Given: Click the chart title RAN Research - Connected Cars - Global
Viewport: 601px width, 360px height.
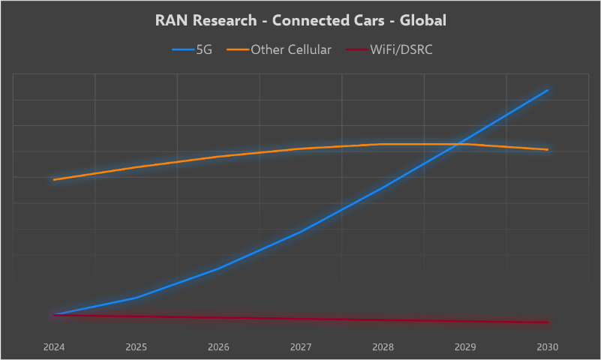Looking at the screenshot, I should [300, 20].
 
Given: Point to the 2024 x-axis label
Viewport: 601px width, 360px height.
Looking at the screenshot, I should [54, 347].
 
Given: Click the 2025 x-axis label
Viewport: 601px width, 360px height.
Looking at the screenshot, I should [136, 347].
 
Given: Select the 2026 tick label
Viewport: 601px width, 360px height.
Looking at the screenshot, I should [218, 347].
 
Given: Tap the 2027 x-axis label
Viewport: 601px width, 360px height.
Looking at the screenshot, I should [301, 347].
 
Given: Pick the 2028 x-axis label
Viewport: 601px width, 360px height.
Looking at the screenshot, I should [383, 347].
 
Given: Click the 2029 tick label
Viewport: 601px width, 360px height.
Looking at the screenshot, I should [465, 347].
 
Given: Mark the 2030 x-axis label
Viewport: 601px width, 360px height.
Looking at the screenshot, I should [548, 347].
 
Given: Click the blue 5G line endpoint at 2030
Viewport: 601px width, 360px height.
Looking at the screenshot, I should [548, 90].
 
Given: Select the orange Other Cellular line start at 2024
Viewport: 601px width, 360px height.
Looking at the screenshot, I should [54, 180].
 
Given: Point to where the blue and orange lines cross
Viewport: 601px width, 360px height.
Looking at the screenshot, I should [457, 144].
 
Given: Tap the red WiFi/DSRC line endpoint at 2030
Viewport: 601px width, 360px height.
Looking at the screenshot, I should [548, 322].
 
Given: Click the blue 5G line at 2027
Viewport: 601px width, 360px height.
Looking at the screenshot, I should [301, 232].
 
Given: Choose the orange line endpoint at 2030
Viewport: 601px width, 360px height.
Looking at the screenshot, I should [548, 149].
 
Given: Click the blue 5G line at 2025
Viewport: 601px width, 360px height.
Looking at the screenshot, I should [136, 298].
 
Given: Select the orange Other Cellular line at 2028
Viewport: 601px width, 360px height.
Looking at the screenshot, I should [383, 144].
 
